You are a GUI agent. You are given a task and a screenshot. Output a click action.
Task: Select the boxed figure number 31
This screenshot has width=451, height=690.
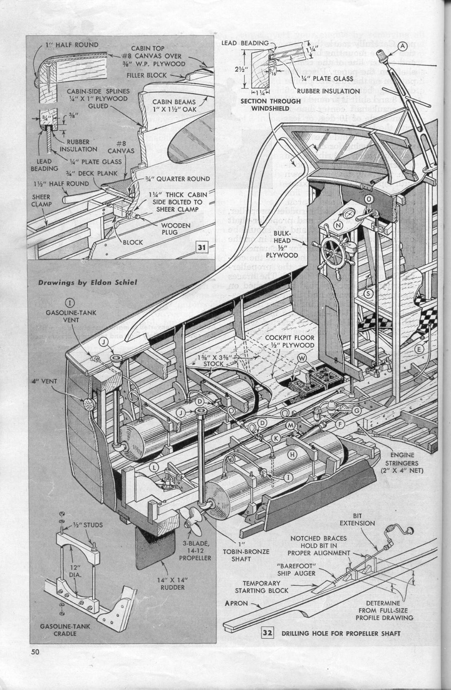tap(202, 248)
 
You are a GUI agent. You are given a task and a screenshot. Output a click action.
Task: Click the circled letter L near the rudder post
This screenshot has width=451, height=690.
tap(154, 467)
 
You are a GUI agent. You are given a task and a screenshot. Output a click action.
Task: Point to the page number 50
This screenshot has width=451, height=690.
tap(35, 652)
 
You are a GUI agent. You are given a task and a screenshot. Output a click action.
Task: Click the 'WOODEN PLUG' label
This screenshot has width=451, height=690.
tap(178, 229)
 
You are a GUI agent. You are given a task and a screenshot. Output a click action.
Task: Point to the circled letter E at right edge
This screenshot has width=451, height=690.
tap(420, 349)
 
